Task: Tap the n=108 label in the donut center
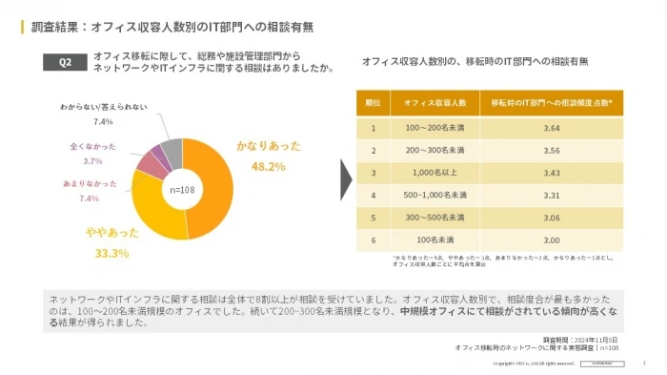182,189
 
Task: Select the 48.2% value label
268,166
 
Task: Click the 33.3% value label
111,253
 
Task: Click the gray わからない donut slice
172,150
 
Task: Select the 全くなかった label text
92,147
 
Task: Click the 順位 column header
374,102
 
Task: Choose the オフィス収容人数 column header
435,102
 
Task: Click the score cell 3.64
551,127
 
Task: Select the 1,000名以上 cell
435,173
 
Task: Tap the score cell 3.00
551,240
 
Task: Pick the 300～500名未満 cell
435,218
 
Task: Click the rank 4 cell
374,196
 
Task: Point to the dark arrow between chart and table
348,178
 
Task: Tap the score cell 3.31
551,196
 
